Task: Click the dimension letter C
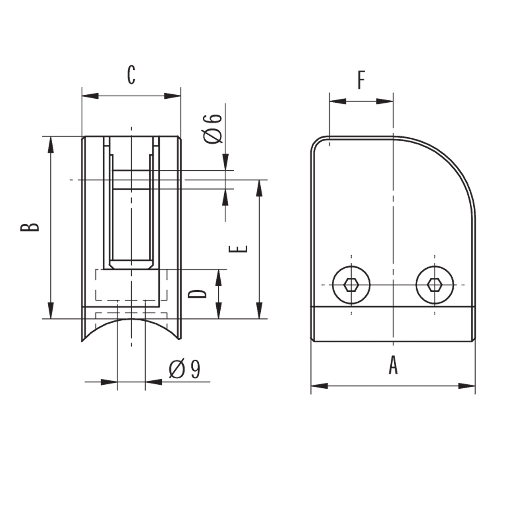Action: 131,75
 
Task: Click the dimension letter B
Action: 30,227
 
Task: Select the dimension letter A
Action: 393,365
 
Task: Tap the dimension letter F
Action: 361,80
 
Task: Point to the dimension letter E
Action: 238,249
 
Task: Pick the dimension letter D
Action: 197,294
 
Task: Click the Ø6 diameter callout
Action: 213,129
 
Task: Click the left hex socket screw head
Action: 351,285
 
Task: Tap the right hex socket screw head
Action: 435,285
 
